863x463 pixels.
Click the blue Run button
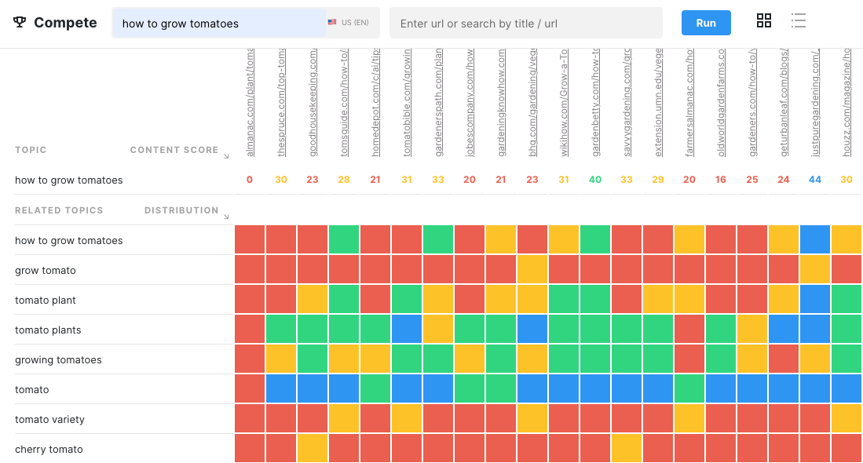pyautogui.click(x=706, y=23)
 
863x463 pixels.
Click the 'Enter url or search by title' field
pyautogui.click(x=525, y=24)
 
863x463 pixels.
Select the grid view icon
pyautogui.click(x=764, y=21)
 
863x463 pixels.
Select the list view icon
pyautogui.click(x=799, y=21)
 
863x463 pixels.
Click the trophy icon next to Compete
pyautogui.click(x=20, y=23)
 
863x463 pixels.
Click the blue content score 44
pyautogui.click(x=815, y=180)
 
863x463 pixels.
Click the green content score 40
pyautogui.click(x=595, y=180)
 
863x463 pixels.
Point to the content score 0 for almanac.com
pyautogui.click(x=250, y=180)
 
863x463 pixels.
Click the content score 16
pyautogui.click(x=721, y=180)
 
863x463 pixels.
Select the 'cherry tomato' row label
pyautogui.click(x=49, y=450)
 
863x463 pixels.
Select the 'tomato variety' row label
pyautogui.click(x=49, y=420)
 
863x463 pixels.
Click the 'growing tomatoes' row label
pyautogui.click(x=58, y=360)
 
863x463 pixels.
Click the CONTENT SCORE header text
pyautogui.click(x=174, y=150)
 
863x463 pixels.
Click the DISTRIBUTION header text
pyautogui.click(x=181, y=210)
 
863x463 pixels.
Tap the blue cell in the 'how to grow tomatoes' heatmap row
pyautogui.click(x=815, y=240)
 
